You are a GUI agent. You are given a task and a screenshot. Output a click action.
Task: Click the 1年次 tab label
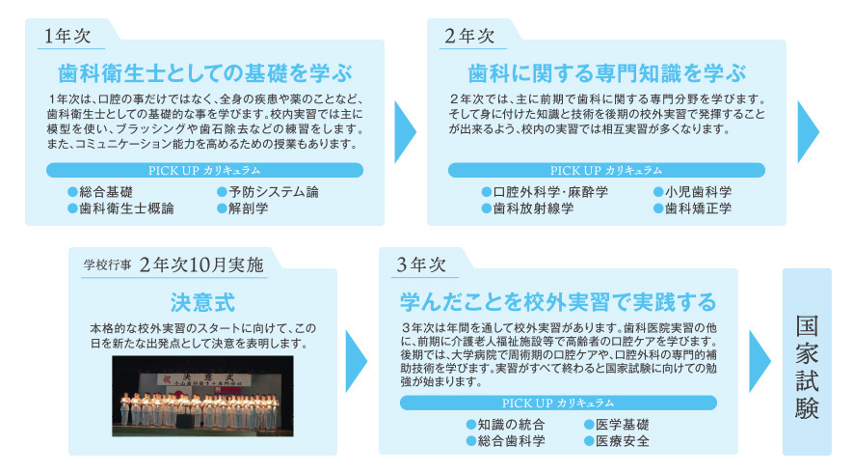tap(67, 36)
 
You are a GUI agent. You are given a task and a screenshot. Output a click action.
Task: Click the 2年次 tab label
tap(469, 36)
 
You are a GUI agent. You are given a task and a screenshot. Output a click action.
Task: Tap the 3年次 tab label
tap(421, 264)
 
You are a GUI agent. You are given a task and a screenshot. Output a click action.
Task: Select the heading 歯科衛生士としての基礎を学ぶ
tap(205, 73)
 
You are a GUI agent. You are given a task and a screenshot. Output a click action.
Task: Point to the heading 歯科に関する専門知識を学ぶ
tap(606, 73)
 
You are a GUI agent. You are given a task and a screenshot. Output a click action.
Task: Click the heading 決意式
tap(202, 302)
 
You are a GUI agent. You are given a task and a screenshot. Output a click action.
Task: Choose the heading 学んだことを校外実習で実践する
tap(558, 302)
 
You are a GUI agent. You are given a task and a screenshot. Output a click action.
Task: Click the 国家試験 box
tap(807, 361)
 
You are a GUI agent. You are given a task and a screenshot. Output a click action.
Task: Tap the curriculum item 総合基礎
tap(100, 192)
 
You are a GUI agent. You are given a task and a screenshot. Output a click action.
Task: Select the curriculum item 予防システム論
tap(268, 192)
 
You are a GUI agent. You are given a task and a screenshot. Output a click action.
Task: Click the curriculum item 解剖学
tap(243, 209)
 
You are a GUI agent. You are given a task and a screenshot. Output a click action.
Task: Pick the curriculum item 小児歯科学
tap(692, 192)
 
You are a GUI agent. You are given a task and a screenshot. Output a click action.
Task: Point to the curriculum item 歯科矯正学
tap(692, 209)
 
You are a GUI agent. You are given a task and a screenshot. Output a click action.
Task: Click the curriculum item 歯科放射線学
tap(527, 209)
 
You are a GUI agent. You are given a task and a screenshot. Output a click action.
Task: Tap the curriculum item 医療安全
tap(617, 441)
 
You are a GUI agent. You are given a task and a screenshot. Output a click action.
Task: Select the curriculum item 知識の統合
tap(506, 425)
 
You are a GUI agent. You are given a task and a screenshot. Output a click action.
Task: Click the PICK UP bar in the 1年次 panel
tap(204, 170)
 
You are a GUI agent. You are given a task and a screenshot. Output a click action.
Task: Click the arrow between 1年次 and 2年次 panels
tap(405, 132)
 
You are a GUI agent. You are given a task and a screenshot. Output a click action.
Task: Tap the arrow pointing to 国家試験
tap(760, 361)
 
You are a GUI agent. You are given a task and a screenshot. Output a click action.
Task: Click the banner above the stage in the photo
tap(202, 378)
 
